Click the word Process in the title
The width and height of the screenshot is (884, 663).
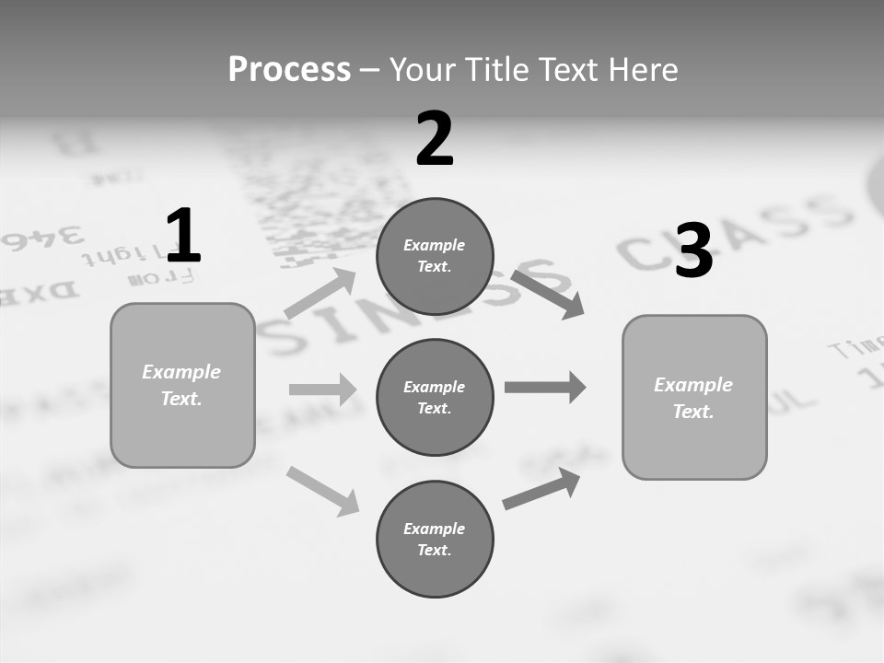pos(289,70)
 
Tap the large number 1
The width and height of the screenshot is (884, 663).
pos(183,237)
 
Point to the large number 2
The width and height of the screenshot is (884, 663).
pos(435,139)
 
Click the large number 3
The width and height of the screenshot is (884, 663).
pos(693,251)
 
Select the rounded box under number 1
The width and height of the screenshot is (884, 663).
pos(182,385)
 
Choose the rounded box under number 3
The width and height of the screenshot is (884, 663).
pos(694,398)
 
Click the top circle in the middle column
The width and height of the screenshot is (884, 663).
pos(435,256)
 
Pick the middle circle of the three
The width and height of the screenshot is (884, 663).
pos(435,397)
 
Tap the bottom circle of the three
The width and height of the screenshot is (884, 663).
pos(435,539)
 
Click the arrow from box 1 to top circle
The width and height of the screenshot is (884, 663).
pos(320,294)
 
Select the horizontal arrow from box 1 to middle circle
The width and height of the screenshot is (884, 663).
pos(322,390)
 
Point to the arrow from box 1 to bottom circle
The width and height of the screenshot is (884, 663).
pos(322,490)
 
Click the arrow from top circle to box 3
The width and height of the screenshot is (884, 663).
pos(548,294)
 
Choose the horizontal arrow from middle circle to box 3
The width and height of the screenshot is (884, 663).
pos(544,387)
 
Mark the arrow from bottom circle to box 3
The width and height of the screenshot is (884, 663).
pos(541,489)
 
